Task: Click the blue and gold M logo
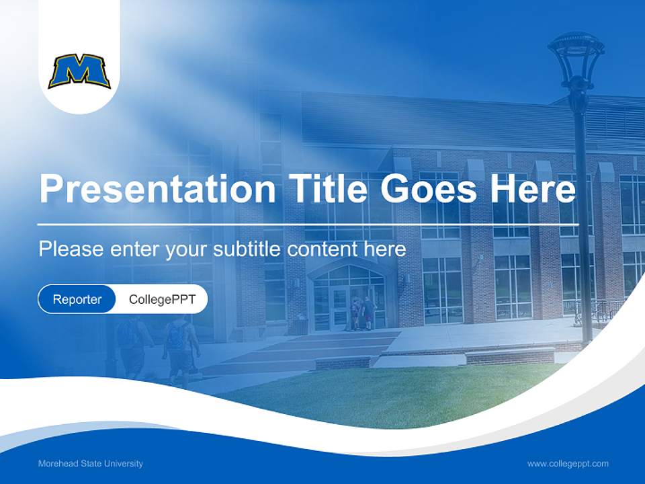point(79,72)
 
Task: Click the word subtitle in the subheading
point(248,249)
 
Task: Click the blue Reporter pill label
point(77,299)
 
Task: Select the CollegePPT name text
point(162,299)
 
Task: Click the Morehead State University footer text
point(91,463)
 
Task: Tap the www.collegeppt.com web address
point(568,463)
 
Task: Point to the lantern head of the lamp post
point(576,57)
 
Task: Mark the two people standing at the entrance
point(361,313)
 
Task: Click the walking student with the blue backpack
point(179,343)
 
